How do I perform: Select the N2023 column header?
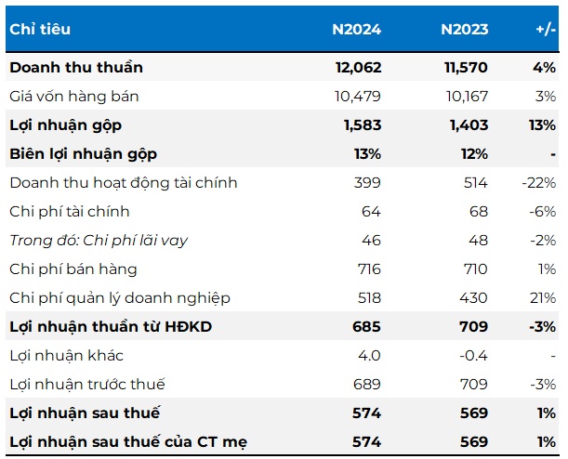464,29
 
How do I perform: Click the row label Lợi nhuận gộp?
65,125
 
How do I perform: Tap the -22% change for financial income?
539,182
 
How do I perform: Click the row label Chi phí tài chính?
69,212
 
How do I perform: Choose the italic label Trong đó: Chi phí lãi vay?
99,241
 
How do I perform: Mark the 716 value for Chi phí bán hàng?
369,269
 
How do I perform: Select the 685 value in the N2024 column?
368,327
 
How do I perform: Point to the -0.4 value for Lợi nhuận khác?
474,356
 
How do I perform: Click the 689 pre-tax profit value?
369,385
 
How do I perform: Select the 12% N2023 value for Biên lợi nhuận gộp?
473,153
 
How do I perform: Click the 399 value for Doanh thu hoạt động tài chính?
369,182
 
